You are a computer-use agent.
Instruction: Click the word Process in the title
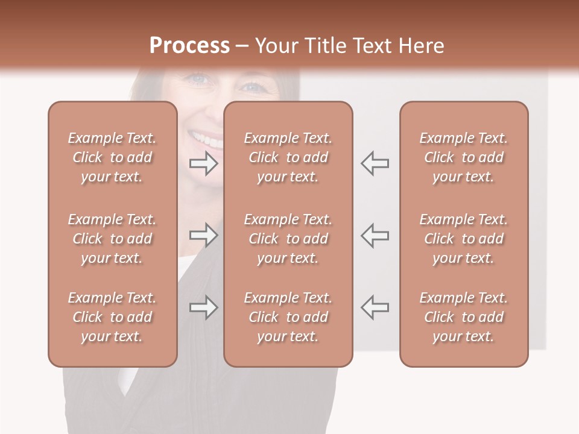(189, 46)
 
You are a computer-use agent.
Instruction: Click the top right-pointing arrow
(203, 163)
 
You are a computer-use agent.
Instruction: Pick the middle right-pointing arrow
(203, 235)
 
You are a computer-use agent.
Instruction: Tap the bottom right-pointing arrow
(203, 307)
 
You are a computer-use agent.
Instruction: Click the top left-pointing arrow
(375, 163)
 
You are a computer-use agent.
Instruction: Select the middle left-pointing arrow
(375, 235)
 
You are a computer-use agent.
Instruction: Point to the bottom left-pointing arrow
(375, 307)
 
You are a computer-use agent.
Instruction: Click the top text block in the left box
(112, 157)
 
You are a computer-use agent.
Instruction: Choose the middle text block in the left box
(112, 239)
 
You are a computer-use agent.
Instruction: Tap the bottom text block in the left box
(112, 317)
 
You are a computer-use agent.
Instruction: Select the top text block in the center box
(288, 157)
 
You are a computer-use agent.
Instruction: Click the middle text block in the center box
(288, 239)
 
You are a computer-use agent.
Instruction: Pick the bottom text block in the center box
(288, 317)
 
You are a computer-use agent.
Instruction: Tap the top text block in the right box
(463, 157)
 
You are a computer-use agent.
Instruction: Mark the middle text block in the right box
(463, 239)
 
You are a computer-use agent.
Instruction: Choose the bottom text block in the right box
(463, 317)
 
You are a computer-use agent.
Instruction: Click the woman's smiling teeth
(208, 140)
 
